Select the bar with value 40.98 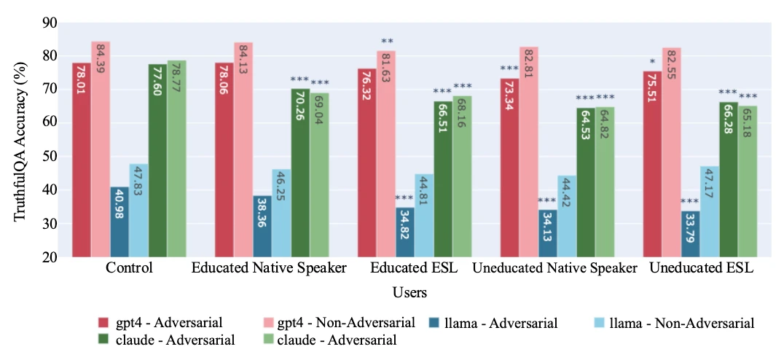click(x=119, y=222)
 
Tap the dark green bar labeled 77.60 click(x=157, y=160)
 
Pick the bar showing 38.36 click(x=262, y=226)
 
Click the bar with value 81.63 click(x=386, y=154)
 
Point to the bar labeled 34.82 click(x=405, y=232)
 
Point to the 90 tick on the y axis click(x=50, y=23)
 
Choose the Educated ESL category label click(x=413, y=268)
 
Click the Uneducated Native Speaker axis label click(x=554, y=268)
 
